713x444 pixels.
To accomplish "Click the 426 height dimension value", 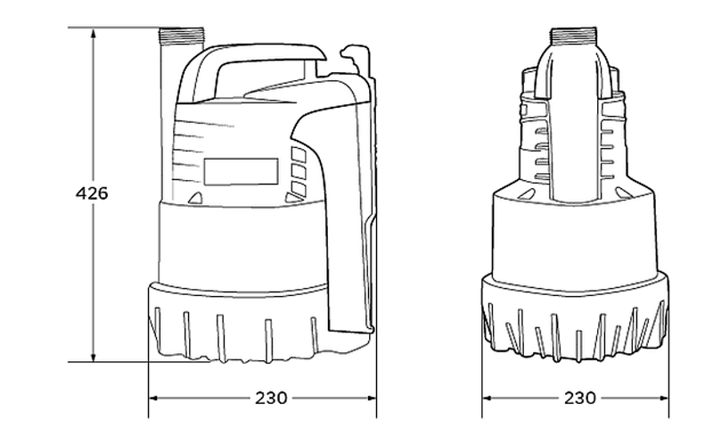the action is point(92,193).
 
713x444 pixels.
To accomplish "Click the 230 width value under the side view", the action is point(271,398).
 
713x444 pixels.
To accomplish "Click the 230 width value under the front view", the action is point(580,398).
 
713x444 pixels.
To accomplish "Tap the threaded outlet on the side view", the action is point(182,36).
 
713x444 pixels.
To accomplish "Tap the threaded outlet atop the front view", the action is point(573,36).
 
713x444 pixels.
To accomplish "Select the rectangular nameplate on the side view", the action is point(241,171).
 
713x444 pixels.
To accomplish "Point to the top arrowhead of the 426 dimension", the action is point(94,34).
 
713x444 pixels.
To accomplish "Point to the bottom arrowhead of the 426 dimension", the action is point(94,356).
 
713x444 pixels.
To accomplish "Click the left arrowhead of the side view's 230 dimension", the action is point(154,398).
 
